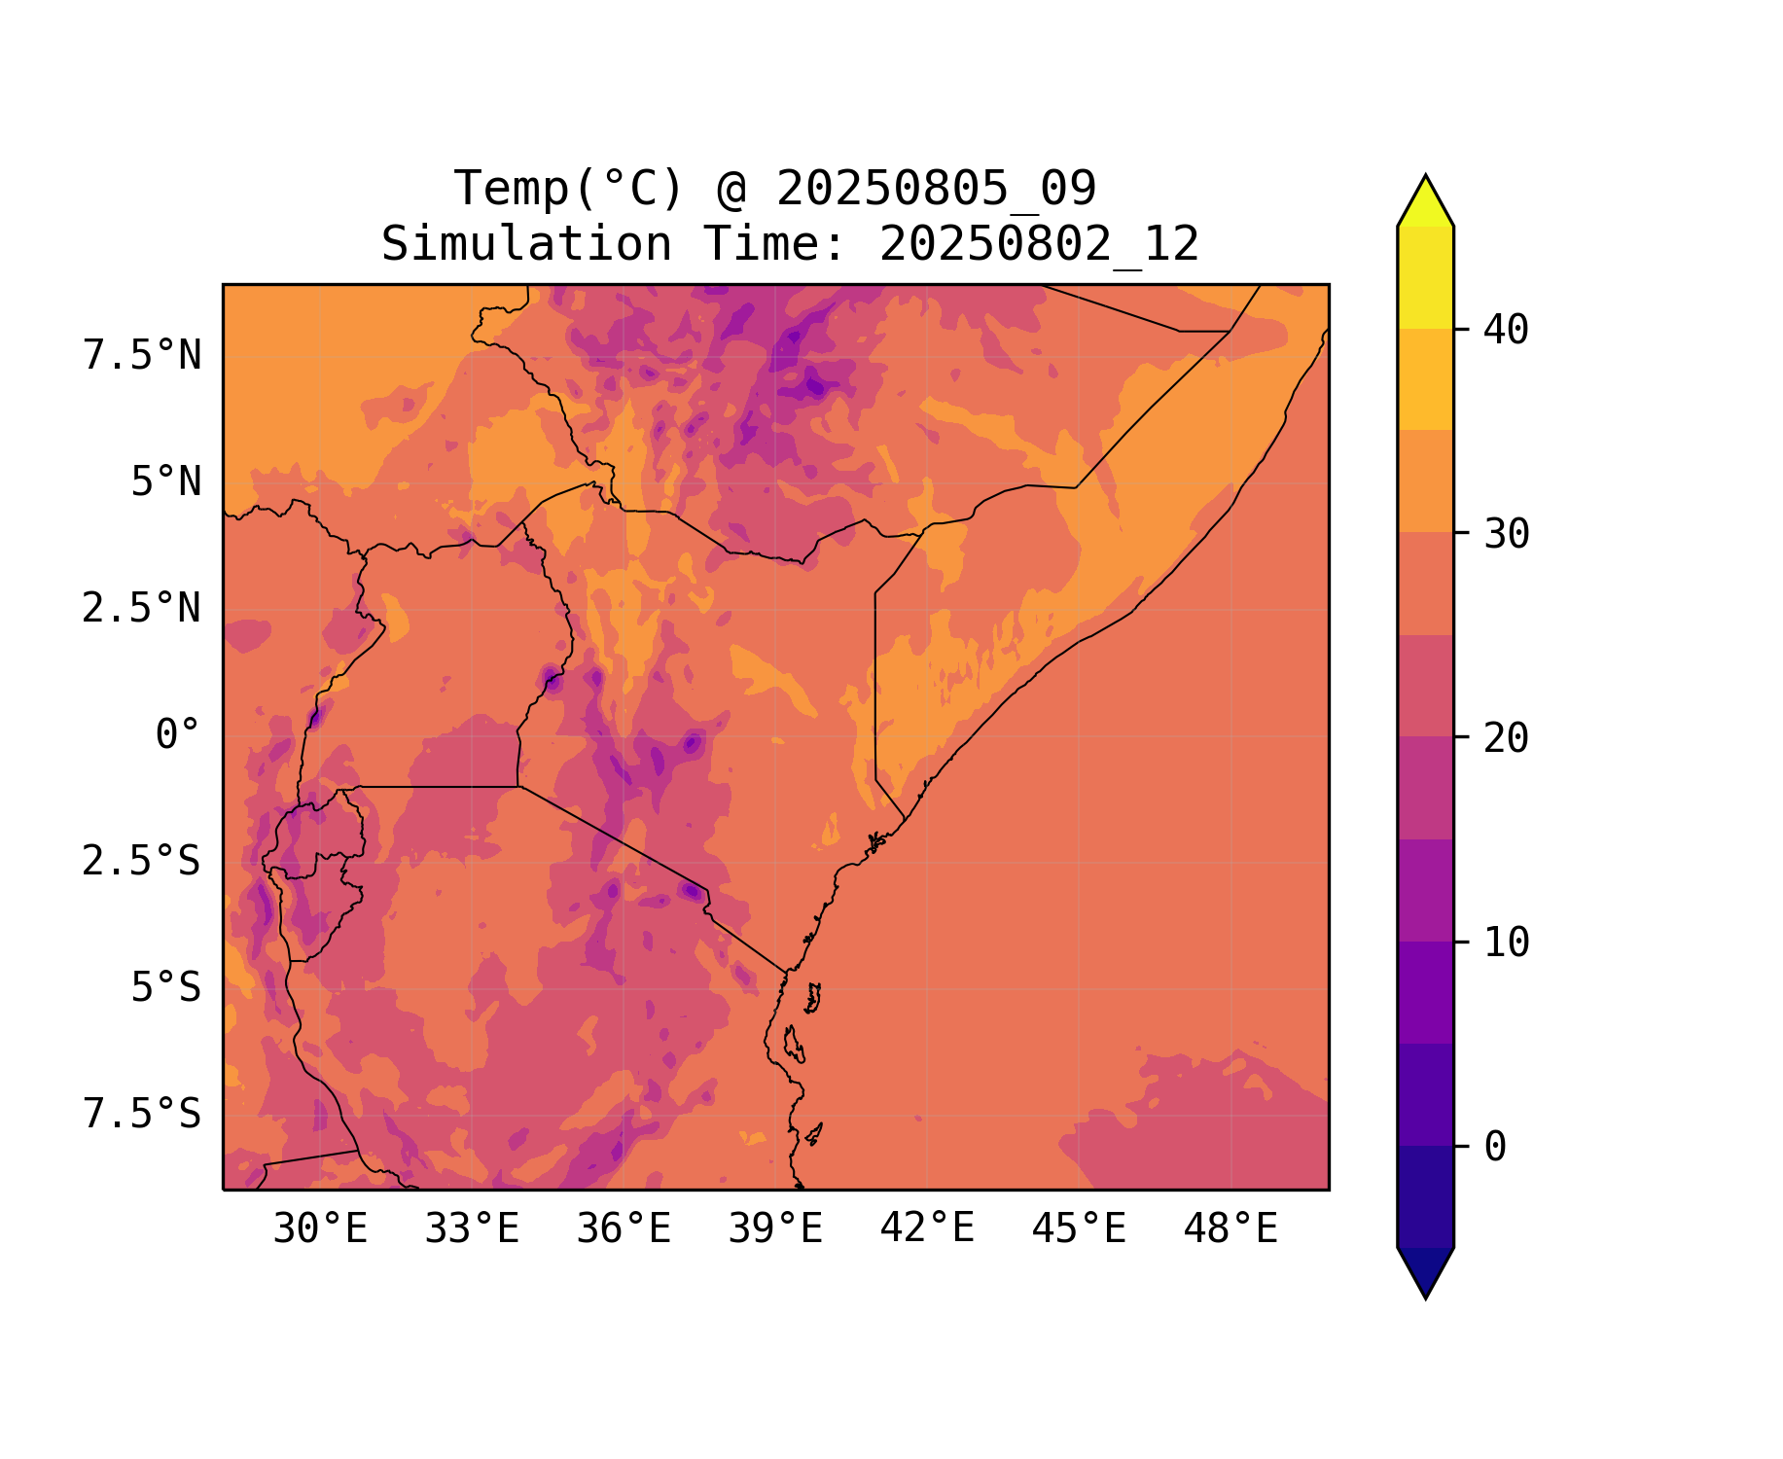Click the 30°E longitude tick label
pos(320,1229)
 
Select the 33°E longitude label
pos(472,1229)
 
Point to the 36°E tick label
pos(624,1229)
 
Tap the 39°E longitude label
pos(775,1229)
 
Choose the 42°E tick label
pos(927,1229)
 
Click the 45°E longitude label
pos(1079,1229)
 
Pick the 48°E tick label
pos(1230,1229)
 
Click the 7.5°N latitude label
pos(142,356)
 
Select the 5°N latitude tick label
pos(166,482)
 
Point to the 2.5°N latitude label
pos(142,609)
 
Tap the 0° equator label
pos(178,735)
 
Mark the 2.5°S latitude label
pos(142,862)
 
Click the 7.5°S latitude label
pos(142,1115)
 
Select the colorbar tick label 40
pos(1507,331)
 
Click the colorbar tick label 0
pos(1495,1148)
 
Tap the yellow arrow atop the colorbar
pos(1425,202)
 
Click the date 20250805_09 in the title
pos(936,189)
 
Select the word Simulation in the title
pos(526,244)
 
